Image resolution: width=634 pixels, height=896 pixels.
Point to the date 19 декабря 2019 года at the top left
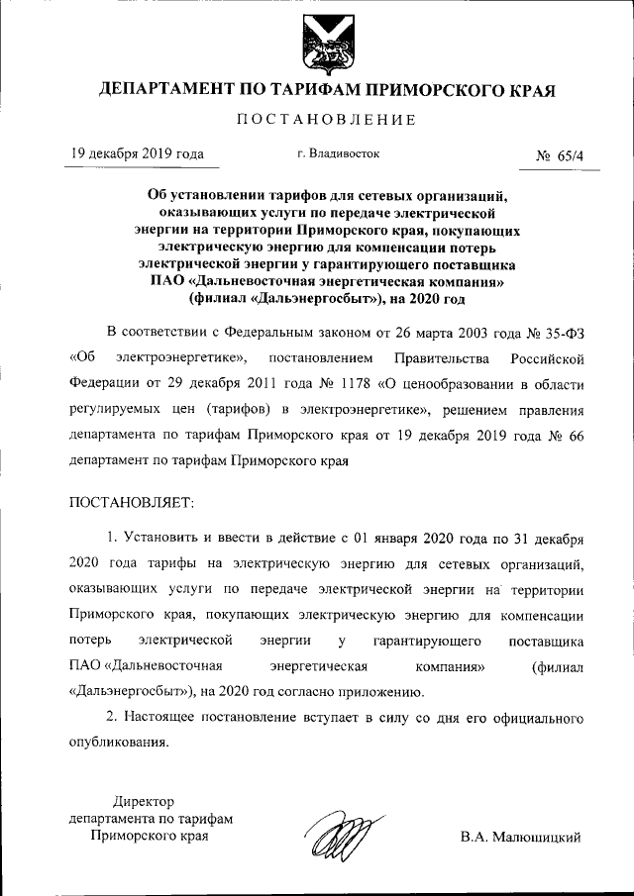point(137,154)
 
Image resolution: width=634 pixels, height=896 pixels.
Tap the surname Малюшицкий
point(520,837)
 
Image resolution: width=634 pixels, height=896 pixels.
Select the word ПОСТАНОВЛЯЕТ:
point(133,504)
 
